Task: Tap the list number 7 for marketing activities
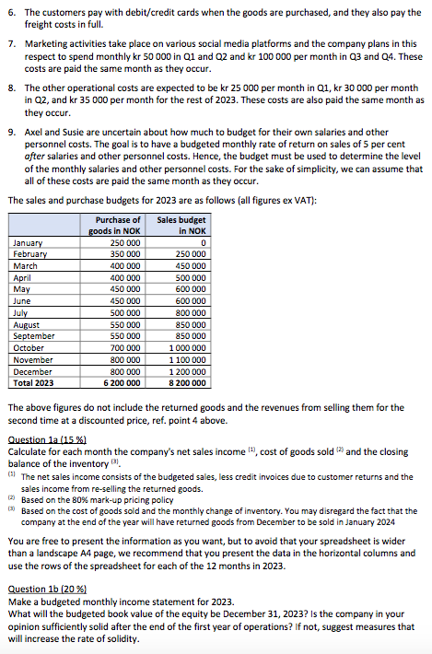tap(10, 43)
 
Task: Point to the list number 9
tap(10, 132)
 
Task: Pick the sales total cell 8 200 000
tap(185, 383)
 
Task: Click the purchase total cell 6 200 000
tap(122, 383)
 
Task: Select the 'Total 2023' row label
tap(34, 383)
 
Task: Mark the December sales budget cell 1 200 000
tap(185, 371)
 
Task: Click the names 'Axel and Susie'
tap(54, 132)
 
